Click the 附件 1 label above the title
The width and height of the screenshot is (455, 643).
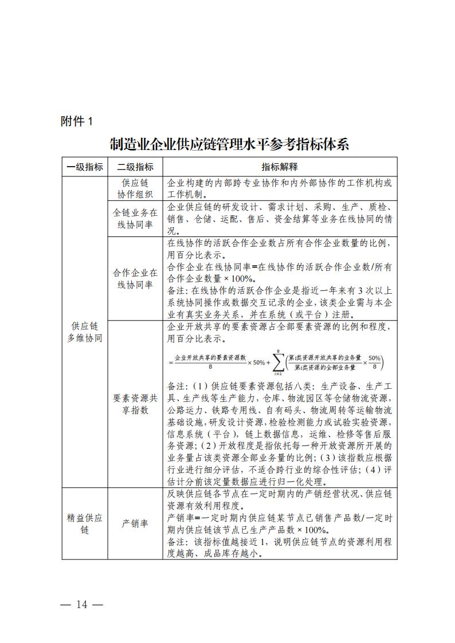pyautogui.click(x=76, y=121)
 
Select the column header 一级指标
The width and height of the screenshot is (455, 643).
pyautogui.click(x=84, y=167)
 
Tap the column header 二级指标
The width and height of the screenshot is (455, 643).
pyautogui.click(x=135, y=167)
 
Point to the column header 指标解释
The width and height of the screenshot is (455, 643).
pyautogui.click(x=280, y=167)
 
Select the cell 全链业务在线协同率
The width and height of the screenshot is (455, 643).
pyautogui.click(x=135, y=219)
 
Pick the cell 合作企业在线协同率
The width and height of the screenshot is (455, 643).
pyautogui.click(x=135, y=279)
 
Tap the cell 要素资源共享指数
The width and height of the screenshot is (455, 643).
pyautogui.click(x=135, y=404)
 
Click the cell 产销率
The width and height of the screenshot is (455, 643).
pyautogui.click(x=135, y=524)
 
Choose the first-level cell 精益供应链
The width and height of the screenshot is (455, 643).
pyautogui.click(x=84, y=524)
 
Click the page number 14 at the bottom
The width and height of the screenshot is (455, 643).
pyautogui.click(x=81, y=605)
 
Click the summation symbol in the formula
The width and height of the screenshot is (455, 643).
pyautogui.click(x=277, y=362)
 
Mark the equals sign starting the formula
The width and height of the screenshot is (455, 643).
pyautogui.click(x=171, y=362)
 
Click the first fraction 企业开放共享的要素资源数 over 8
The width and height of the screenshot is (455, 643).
pyautogui.click(x=210, y=362)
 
